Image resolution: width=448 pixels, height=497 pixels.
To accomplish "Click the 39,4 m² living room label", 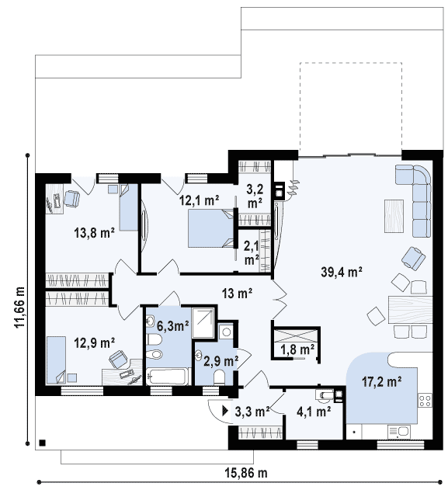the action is (342, 272).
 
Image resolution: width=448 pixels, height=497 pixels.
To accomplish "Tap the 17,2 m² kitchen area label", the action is (382, 381).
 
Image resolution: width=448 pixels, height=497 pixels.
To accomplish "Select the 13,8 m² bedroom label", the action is (94, 233).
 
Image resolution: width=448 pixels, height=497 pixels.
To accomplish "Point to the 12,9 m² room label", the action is (94, 342).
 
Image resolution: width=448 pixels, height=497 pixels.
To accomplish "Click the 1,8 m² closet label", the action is (297, 349).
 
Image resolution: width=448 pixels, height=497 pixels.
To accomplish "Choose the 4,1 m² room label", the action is (314, 412).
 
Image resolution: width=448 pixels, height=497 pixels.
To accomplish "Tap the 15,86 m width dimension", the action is (246, 473).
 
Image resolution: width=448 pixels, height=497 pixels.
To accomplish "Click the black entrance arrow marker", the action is (225, 411).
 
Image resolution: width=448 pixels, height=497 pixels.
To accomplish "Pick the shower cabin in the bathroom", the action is (203, 321).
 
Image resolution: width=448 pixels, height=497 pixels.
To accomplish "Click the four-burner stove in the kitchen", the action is (425, 400).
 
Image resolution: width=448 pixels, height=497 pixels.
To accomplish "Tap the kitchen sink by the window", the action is (398, 432).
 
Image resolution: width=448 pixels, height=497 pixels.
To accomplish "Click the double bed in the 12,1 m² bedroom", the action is (210, 228).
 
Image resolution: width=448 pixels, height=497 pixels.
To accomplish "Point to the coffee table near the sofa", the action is (394, 216).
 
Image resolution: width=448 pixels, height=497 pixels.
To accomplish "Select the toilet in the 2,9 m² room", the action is (219, 377).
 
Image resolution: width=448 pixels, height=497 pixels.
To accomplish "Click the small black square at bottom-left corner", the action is (42, 443).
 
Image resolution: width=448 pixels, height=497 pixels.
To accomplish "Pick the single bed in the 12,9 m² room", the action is (56, 360).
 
